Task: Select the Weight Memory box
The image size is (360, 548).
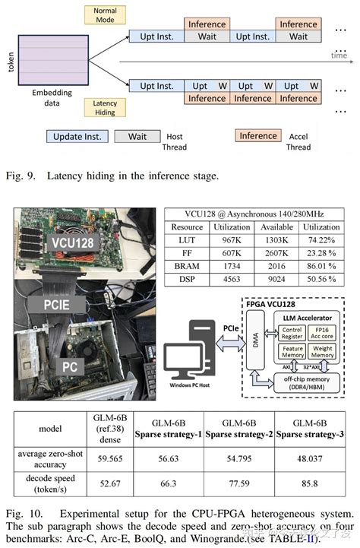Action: pyautogui.click(x=324, y=351)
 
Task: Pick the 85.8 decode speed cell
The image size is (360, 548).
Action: pyautogui.click(x=309, y=483)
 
